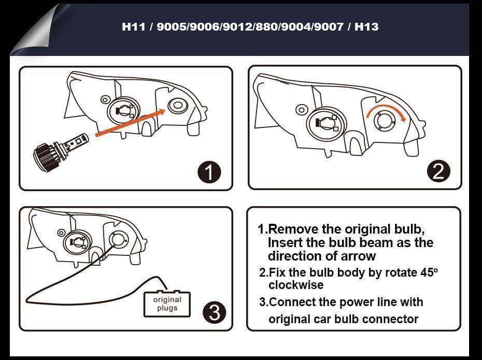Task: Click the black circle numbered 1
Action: [209, 172]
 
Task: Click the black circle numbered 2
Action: [438, 171]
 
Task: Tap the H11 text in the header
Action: [134, 26]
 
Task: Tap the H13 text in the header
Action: [366, 26]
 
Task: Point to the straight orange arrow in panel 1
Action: [130, 122]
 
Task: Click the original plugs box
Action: [167, 304]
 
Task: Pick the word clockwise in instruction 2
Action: [296, 285]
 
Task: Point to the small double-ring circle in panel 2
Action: [300, 109]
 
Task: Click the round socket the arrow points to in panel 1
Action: [178, 106]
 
